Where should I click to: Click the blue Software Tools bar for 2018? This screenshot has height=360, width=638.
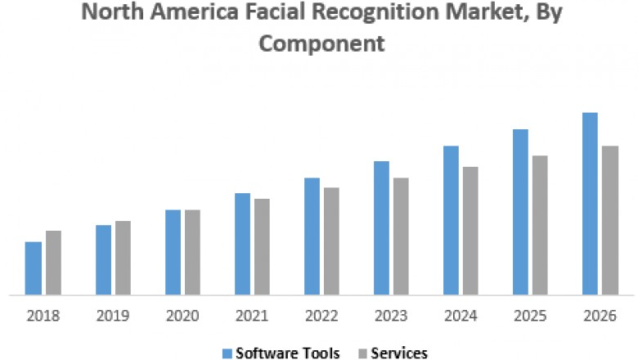click(x=33, y=268)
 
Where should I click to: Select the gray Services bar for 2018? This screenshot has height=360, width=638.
click(x=53, y=262)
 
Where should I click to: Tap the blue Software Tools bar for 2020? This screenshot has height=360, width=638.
click(x=173, y=252)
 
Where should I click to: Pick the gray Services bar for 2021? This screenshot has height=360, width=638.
click(x=262, y=246)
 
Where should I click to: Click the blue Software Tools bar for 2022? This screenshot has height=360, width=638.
click(x=312, y=236)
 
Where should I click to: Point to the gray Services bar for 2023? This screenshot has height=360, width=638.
click(x=401, y=236)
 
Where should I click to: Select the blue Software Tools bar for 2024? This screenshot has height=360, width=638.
click(x=451, y=220)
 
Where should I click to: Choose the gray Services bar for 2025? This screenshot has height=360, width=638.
click(x=540, y=225)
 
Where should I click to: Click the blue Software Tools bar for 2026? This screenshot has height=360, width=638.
click(x=590, y=203)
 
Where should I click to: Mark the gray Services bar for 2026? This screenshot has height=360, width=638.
click(x=610, y=220)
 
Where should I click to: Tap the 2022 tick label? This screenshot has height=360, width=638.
click(x=321, y=315)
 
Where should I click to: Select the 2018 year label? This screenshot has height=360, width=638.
click(x=43, y=315)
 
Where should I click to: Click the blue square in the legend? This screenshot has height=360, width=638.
click(x=227, y=353)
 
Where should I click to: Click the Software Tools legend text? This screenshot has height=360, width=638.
click(x=287, y=353)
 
